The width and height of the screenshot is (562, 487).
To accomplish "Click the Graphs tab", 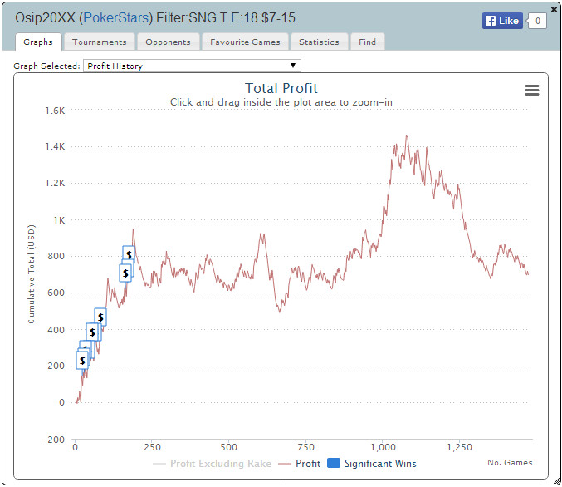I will pos(38,42).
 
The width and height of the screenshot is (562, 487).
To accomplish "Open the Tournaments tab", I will pos(99,42).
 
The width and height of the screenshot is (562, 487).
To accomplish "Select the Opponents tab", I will pos(168,42).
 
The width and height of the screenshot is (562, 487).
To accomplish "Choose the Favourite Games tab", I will pos(244,42).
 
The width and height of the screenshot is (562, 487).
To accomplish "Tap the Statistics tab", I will pos(319,42).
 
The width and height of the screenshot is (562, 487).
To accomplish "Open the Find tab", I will pos(367,42).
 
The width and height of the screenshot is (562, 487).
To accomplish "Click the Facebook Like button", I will pos(502,21).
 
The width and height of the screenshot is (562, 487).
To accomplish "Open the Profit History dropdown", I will pos(191,66).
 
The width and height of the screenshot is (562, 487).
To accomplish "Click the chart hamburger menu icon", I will pos(532,91).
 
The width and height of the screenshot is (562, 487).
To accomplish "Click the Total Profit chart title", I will pos(281,88).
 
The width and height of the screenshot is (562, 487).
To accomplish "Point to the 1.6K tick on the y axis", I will pos(55,111).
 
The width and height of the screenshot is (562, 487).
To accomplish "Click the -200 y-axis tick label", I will pos(52,440).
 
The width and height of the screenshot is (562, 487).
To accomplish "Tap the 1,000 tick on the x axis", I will pos(384,446).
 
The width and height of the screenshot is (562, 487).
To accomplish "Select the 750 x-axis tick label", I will pos(305,446).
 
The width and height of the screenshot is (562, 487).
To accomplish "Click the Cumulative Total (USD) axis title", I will pos(31,274).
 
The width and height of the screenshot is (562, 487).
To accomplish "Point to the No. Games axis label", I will pos(510,463).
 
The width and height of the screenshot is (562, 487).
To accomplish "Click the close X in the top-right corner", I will pos(554,9).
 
